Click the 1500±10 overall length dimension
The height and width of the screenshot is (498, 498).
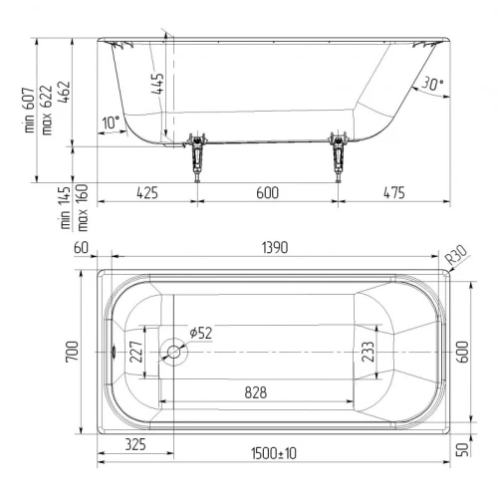coord(274,453)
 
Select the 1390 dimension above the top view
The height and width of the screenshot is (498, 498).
coord(275,248)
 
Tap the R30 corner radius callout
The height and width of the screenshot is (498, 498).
coord(456,255)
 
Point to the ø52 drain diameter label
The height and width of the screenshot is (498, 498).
coord(201,333)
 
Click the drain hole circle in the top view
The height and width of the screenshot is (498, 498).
coord(173,352)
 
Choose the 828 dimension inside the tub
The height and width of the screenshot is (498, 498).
coord(256,392)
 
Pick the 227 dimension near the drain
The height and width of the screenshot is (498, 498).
coord(136,352)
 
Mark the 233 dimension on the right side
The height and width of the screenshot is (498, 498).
coord(368,352)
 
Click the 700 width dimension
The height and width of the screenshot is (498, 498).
coord(73,352)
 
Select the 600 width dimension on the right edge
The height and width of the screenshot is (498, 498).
coord(463,352)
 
